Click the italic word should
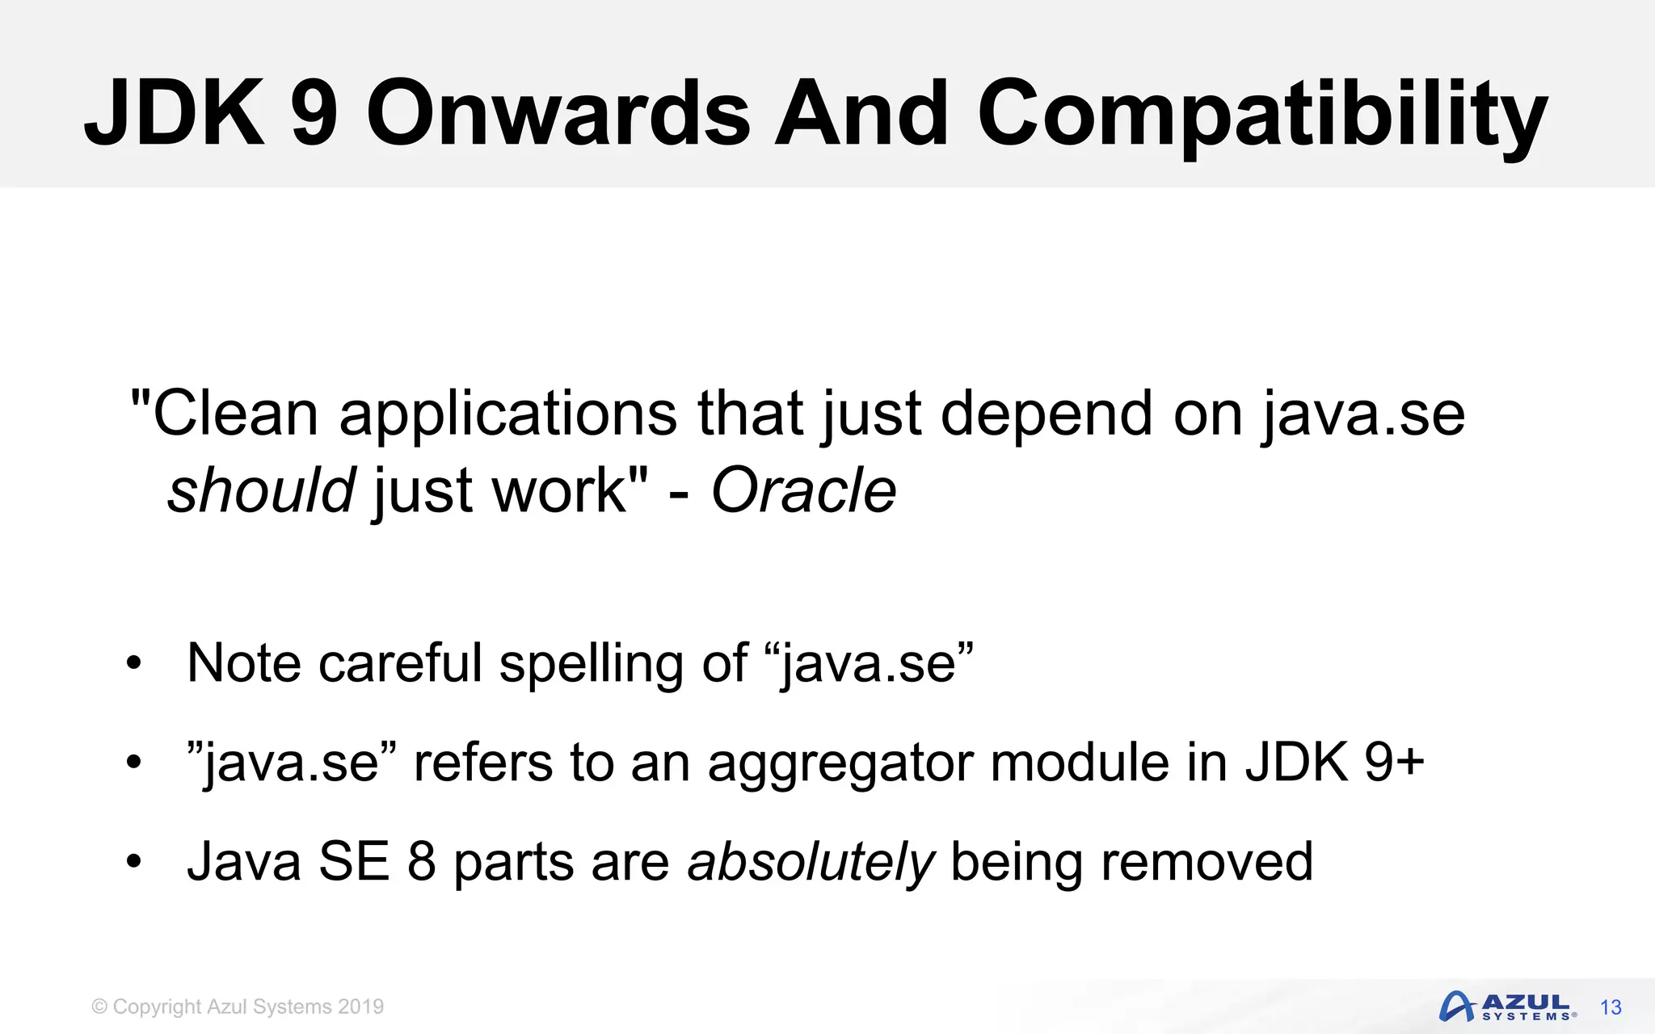click(261, 490)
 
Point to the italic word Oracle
click(803, 490)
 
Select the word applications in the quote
click(507, 414)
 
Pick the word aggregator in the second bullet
click(840, 763)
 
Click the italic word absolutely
click(811, 862)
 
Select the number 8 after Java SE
click(422, 862)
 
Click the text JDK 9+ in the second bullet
click(1334, 763)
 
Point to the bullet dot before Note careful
click(133, 665)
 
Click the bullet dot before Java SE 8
click(133, 863)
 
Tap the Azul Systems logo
click(1506, 1007)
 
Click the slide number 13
click(1611, 1007)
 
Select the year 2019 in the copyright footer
click(360, 1007)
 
